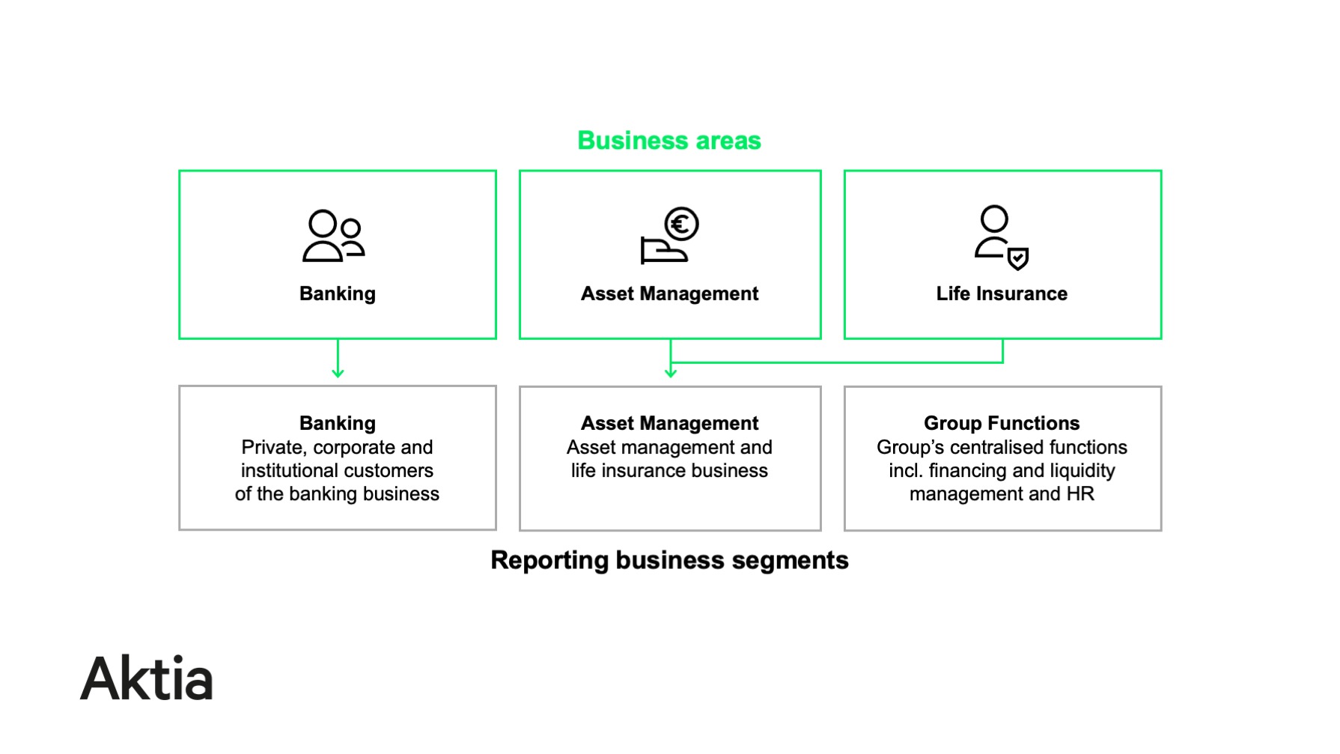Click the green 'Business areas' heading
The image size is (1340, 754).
tap(669, 141)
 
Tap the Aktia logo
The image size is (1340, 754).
tap(147, 679)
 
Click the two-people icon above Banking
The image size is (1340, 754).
tap(333, 236)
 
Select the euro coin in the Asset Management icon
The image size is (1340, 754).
tap(681, 224)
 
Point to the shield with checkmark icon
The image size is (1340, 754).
tap(1018, 258)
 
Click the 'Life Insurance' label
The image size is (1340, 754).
tap(1002, 294)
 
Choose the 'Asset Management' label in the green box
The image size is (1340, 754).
tap(669, 294)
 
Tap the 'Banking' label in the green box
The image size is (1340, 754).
tap(337, 294)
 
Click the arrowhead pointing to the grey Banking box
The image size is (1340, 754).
tap(338, 372)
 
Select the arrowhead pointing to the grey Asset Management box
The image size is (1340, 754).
tap(671, 372)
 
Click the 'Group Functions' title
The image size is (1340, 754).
tap(1002, 423)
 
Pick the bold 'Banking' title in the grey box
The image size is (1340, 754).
tap(337, 423)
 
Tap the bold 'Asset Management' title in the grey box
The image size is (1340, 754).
tap(669, 423)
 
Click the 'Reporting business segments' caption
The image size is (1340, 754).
tap(669, 560)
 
